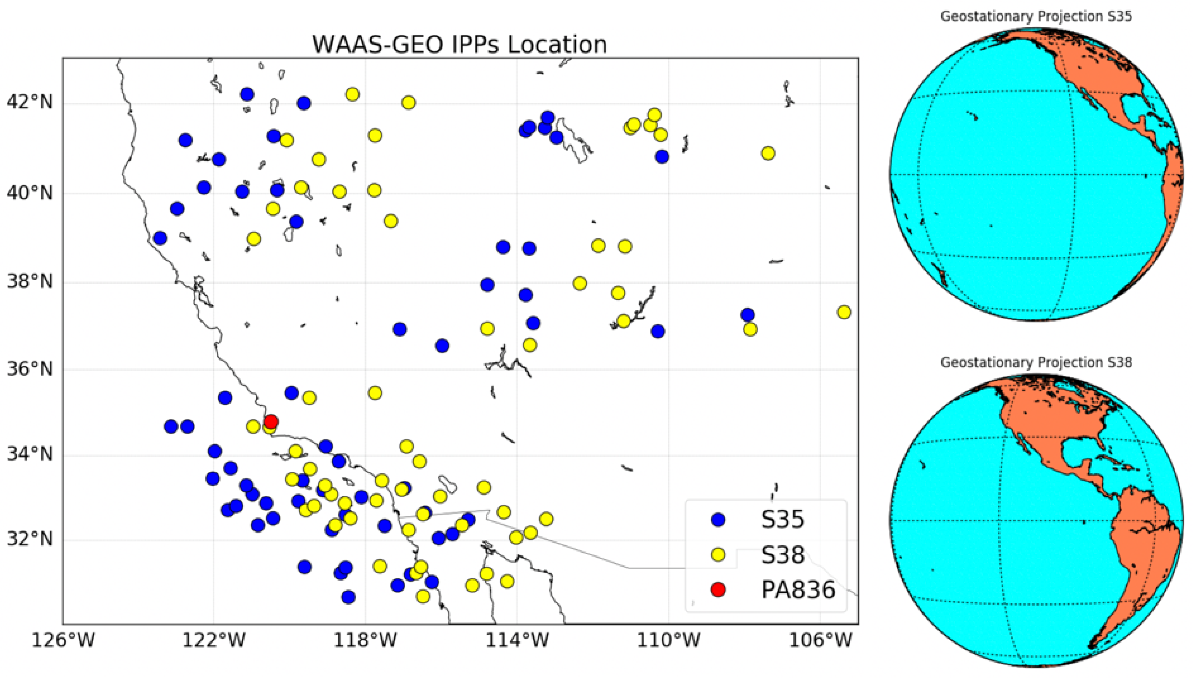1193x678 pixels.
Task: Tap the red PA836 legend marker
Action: coord(719,590)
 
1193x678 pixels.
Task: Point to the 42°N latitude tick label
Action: coord(29,102)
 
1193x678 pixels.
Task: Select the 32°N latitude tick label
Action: coord(29,539)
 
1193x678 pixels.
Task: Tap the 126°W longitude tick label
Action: coord(63,640)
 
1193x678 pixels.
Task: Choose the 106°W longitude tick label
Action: coord(820,640)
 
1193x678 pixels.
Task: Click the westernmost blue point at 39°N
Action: coord(160,238)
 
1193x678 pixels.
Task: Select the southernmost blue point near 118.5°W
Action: coord(348,597)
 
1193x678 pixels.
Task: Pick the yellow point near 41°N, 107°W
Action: coord(768,153)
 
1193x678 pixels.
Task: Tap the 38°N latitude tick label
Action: coord(29,281)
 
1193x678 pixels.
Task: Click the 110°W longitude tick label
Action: coord(668,640)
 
